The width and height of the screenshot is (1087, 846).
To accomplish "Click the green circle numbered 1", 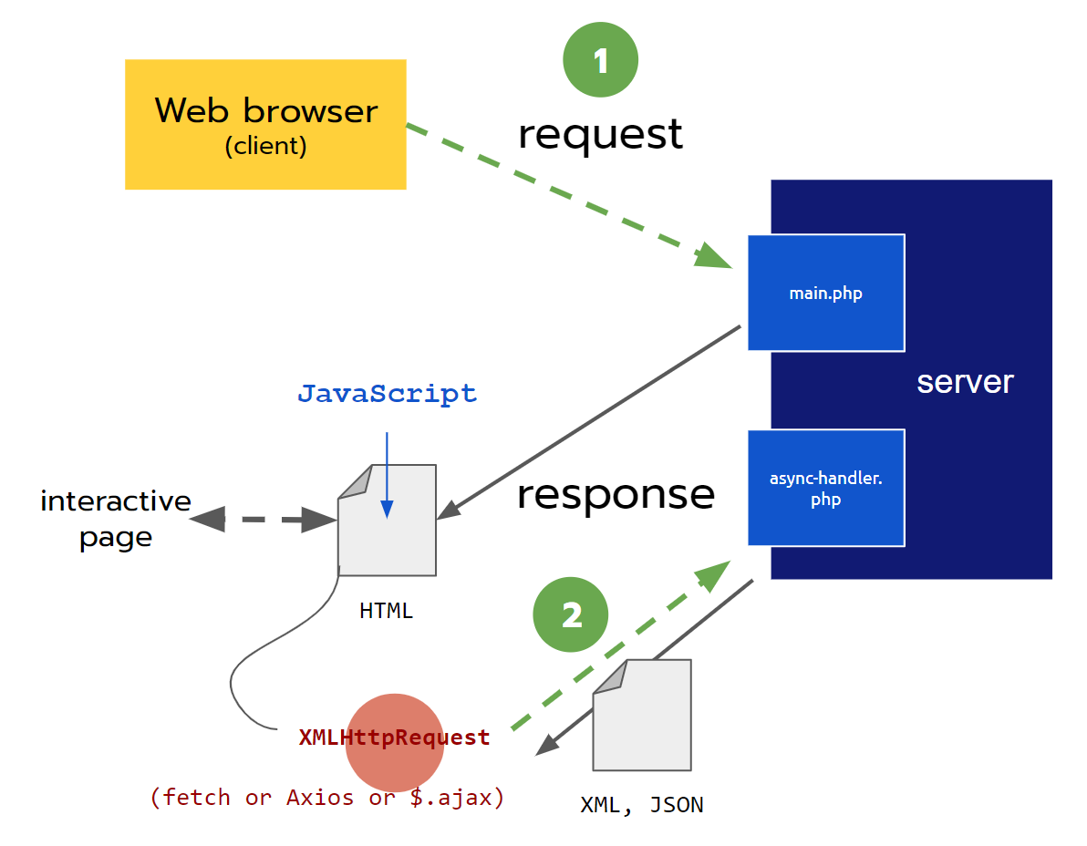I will [600, 60].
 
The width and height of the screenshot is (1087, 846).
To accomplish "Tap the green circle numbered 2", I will [571, 615].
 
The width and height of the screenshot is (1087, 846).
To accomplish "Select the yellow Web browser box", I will [265, 124].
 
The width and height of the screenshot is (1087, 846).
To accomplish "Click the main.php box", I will [825, 293].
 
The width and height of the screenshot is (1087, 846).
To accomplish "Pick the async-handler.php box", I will [825, 488].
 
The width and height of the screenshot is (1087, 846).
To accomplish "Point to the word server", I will [965, 382].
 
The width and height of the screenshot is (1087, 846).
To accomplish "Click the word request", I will [600, 134].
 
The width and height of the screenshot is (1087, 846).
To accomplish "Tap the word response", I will [616, 494].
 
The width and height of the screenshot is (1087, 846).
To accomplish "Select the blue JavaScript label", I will [387, 394].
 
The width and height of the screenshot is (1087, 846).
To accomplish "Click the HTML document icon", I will [387, 529].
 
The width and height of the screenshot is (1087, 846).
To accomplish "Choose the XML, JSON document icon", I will [642, 720].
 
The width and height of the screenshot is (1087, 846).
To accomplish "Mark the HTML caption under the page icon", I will [386, 611].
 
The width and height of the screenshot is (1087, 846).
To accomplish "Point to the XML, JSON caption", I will [642, 805].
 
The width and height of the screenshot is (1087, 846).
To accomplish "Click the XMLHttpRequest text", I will [394, 738].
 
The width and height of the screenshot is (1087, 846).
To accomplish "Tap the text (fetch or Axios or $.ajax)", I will [326, 798].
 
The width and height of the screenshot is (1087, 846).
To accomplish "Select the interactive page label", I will [116, 519].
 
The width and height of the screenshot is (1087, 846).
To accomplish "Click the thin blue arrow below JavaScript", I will [387, 474].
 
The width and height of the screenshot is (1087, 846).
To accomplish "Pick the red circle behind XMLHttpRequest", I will [395, 766].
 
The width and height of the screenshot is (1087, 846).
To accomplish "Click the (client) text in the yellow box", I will [265, 146].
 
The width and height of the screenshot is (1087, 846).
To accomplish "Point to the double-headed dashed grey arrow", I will [263, 520].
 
